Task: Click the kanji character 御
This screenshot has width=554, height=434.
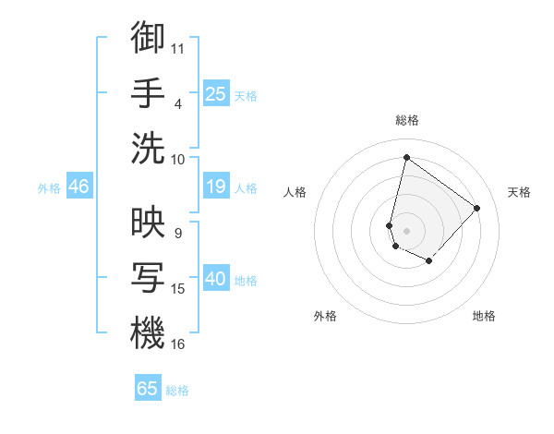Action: (x=148, y=38)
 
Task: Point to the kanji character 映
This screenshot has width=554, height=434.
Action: (x=148, y=224)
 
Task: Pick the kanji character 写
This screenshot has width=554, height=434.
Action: (x=148, y=278)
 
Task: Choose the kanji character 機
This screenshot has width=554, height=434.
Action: (x=148, y=333)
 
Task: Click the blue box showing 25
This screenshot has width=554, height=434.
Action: (x=216, y=93)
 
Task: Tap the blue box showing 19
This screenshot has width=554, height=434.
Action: (x=216, y=187)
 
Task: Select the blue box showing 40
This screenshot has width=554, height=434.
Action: (x=216, y=279)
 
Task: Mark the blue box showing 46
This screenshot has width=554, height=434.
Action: (x=79, y=187)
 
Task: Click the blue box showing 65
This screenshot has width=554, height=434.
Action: (x=148, y=389)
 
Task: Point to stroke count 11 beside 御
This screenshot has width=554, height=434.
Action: (x=178, y=48)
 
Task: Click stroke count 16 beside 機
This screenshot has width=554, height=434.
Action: (x=178, y=344)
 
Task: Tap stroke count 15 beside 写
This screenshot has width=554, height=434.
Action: (x=178, y=289)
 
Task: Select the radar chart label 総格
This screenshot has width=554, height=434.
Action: (x=406, y=121)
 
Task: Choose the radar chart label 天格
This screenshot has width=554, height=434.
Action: (x=519, y=192)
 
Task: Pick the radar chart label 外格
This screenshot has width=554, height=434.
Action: (x=325, y=316)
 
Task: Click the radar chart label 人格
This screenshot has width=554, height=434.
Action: (x=295, y=192)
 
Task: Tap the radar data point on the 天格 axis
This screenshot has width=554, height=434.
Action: (x=476, y=208)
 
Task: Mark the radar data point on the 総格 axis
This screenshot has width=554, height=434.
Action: (x=406, y=157)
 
